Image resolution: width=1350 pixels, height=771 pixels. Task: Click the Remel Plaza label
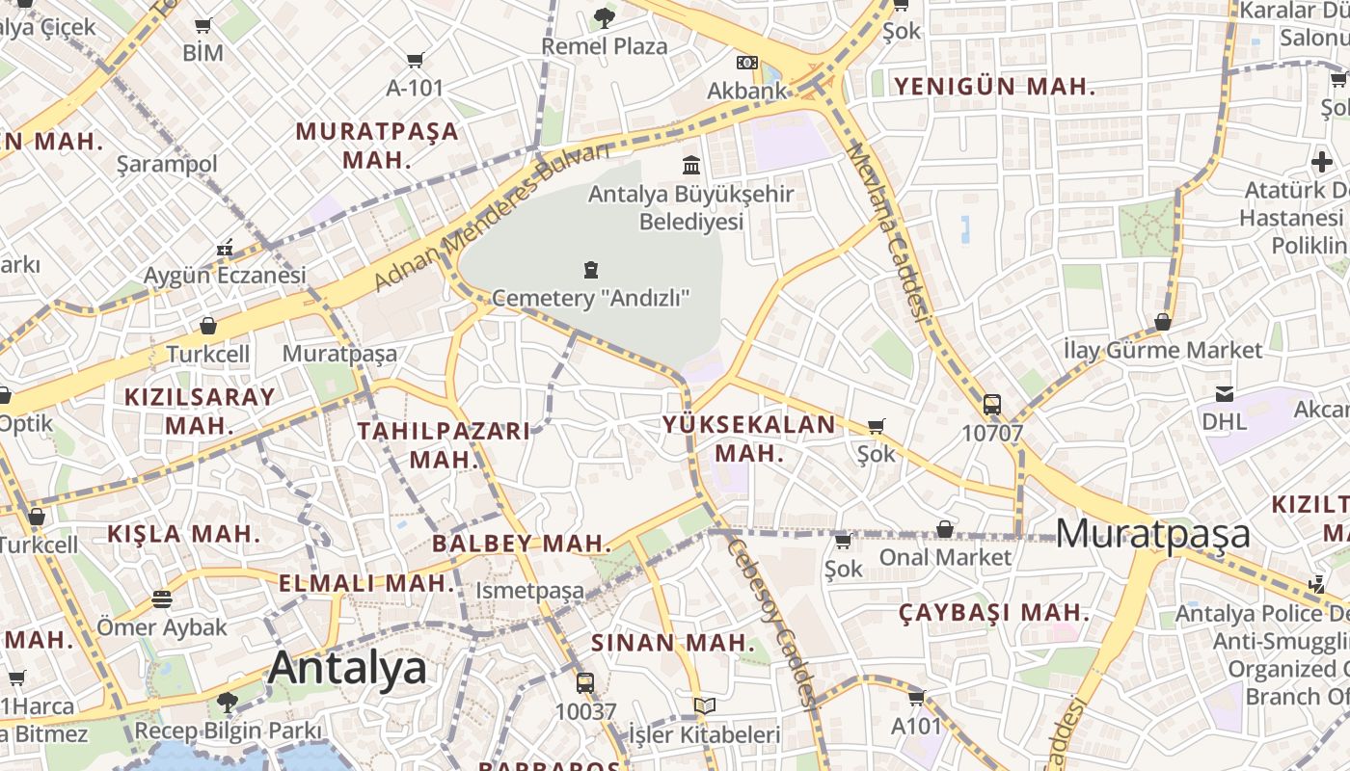(x=604, y=46)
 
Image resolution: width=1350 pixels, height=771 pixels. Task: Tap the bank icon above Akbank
(x=746, y=63)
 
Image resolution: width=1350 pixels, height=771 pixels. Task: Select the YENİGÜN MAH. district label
(x=994, y=87)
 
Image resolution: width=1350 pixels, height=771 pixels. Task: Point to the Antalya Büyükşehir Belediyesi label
(x=690, y=207)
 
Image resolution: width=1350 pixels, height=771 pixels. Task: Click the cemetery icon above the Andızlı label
(x=591, y=270)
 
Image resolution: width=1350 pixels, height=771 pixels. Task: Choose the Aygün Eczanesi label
(x=225, y=276)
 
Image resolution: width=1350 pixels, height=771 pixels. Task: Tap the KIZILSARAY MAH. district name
(x=200, y=411)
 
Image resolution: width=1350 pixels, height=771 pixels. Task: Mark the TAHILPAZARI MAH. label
(x=445, y=444)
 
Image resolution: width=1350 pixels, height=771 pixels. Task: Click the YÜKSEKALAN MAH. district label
(x=749, y=439)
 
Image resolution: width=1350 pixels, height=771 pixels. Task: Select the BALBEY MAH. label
(x=522, y=544)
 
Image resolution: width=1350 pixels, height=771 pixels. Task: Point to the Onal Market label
(x=945, y=557)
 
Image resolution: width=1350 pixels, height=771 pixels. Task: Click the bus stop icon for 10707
(x=991, y=405)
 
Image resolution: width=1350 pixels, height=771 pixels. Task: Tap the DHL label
(x=1224, y=421)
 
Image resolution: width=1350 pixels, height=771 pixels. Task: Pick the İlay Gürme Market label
(x=1163, y=350)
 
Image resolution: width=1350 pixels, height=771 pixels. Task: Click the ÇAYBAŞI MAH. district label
(x=994, y=613)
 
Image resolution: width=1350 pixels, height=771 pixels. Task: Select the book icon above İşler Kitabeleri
(x=705, y=706)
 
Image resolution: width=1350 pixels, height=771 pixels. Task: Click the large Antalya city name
(x=347, y=668)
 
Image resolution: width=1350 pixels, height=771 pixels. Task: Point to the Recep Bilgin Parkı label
(x=228, y=731)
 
